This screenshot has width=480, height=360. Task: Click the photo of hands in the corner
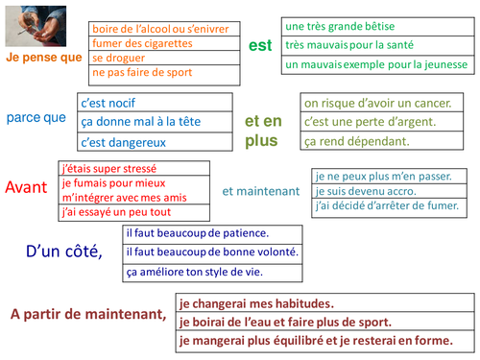click(36, 26)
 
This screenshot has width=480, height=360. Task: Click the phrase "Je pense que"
click(44, 58)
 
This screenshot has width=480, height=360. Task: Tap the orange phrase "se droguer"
click(118, 58)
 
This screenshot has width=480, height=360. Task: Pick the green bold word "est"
click(260, 45)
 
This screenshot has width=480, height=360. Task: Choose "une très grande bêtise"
click(340, 26)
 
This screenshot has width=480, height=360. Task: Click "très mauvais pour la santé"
click(349, 45)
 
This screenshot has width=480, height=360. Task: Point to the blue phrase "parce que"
click(36, 118)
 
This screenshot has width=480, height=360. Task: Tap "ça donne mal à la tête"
click(141, 122)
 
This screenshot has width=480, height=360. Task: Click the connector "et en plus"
click(263, 131)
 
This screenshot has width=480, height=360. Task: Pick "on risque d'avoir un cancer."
click(377, 103)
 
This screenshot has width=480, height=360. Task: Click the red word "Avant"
click(26, 187)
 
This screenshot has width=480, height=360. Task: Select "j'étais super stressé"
click(109, 169)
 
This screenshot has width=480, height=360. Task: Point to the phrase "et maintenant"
click(261, 191)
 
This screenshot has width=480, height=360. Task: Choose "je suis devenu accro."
click(366, 191)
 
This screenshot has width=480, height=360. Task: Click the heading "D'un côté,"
click(64, 252)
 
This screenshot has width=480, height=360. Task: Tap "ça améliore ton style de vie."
click(195, 272)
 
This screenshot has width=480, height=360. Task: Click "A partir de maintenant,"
click(88, 314)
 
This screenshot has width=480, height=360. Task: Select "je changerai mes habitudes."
click(256, 303)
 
